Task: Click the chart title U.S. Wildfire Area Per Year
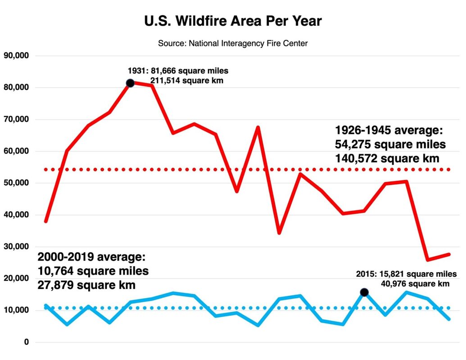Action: click(x=233, y=21)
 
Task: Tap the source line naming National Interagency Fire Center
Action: click(x=233, y=44)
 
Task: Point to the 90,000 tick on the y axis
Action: click(x=16, y=56)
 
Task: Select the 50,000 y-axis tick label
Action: click(x=16, y=183)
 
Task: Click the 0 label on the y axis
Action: click(x=26, y=342)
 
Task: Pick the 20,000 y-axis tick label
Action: click(x=16, y=279)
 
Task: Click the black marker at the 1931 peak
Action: click(x=130, y=83)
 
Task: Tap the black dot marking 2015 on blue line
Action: click(x=364, y=292)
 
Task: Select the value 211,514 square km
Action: click(x=186, y=81)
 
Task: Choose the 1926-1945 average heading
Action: click(x=389, y=130)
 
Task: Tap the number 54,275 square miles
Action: click(x=390, y=144)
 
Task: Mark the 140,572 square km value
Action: click(x=390, y=159)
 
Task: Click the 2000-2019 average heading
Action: click(x=92, y=257)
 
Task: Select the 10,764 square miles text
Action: click(x=93, y=271)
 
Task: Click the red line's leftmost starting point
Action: click(x=46, y=221)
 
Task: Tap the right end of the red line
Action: click(x=449, y=255)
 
